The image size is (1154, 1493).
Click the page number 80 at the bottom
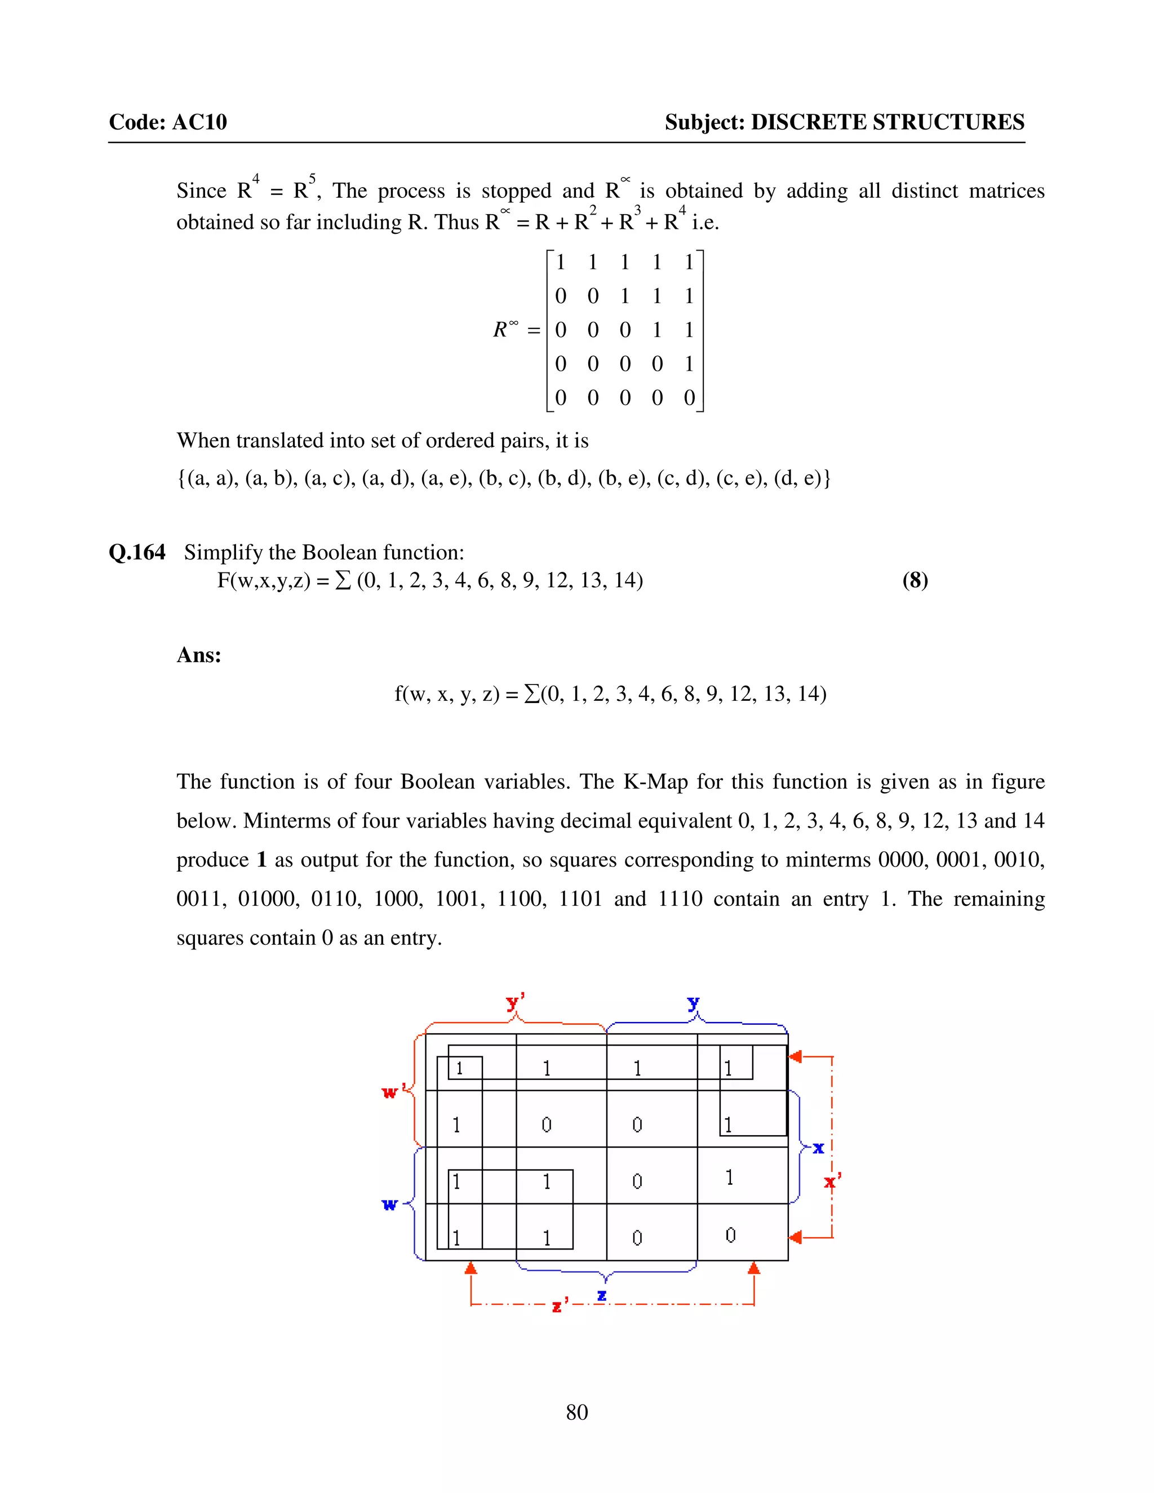(x=576, y=1412)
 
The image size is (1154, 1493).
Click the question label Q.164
(x=137, y=552)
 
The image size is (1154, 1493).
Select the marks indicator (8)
(x=915, y=580)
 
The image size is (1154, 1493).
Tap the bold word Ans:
(x=199, y=655)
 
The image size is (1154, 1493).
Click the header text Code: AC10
(x=167, y=122)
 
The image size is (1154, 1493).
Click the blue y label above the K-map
(x=693, y=1003)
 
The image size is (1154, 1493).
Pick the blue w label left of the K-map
(x=389, y=1204)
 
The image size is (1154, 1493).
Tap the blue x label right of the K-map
(x=818, y=1148)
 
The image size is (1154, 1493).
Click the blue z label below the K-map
(x=602, y=1295)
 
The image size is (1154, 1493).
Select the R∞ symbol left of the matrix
(x=505, y=330)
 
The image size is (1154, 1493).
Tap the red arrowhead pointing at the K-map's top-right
(x=795, y=1057)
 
